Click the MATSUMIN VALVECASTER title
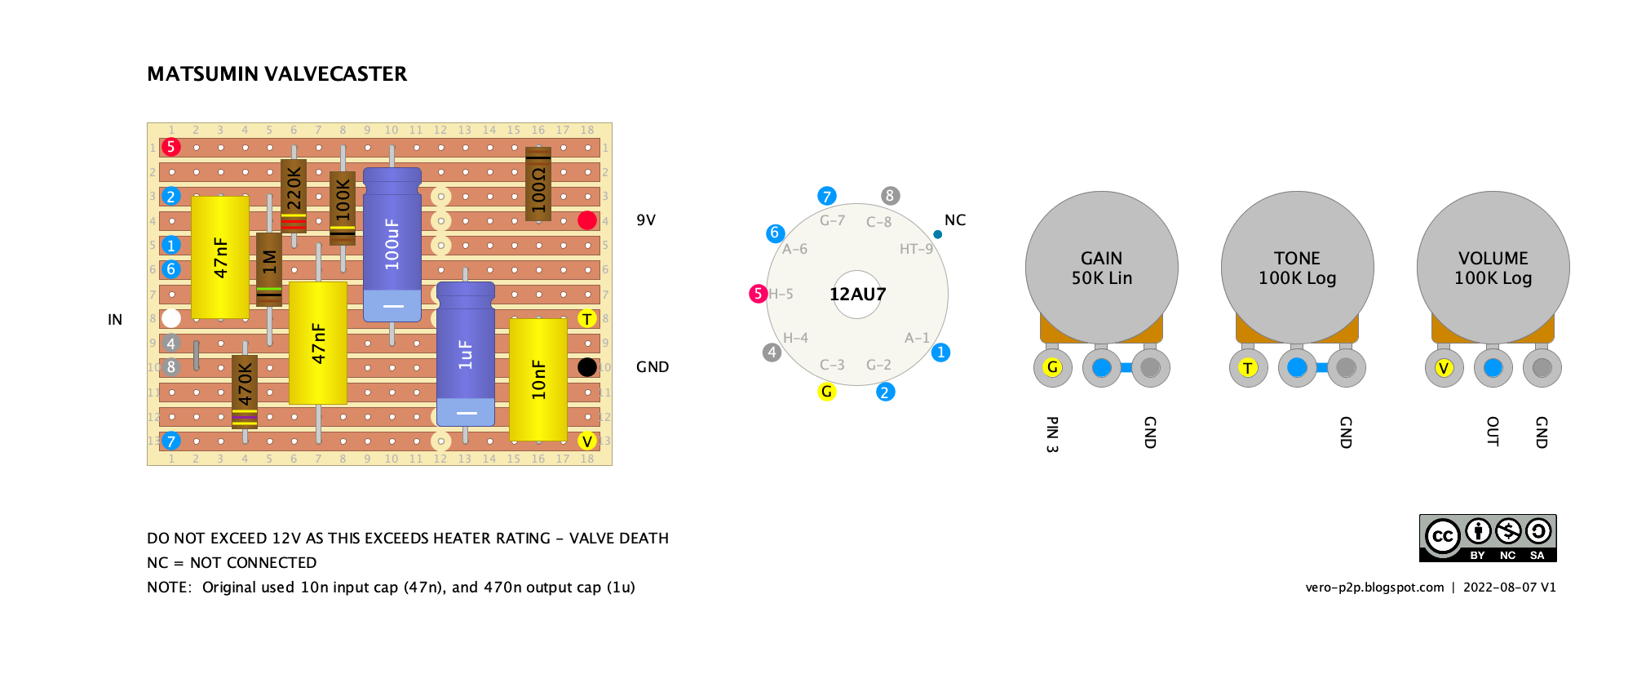coord(277,74)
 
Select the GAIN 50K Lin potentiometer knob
coord(1101,268)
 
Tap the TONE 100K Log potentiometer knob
coord(1297,268)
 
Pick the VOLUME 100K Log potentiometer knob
coord(1493,268)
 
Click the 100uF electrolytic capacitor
coord(392,245)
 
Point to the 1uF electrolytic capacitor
coord(466,354)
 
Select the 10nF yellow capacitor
coord(538,379)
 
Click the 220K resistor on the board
coord(294,196)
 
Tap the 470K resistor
coord(245,392)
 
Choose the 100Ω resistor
coord(538,184)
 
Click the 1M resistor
coord(269,269)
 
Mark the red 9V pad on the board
coord(587,220)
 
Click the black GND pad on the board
coord(587,367)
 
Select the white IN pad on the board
coord(171,318)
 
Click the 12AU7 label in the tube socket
coord(857,295)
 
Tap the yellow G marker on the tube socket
coord(827,392)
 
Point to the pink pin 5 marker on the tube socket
coord(758,294)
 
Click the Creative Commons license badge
coord(1488,538)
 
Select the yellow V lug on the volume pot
coord(1444,368)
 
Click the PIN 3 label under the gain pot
coord(1052,434)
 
